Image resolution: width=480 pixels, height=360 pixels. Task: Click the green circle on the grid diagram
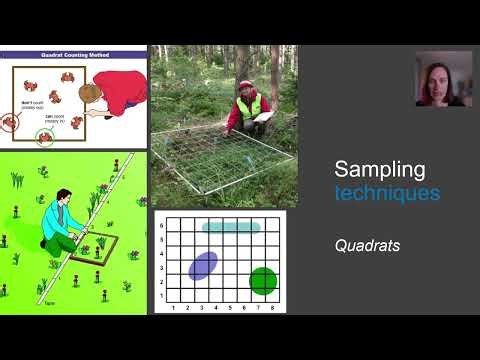pos(262,281)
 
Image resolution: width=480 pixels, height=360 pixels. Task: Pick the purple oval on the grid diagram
pos(203,265)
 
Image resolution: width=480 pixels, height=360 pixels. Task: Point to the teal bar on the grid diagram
pos(231,227)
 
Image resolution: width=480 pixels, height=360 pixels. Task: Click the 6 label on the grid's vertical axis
pos(161,227)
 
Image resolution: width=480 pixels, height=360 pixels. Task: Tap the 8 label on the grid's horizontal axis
pos(276,306)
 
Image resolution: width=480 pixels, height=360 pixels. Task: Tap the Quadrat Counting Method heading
pos(75,55)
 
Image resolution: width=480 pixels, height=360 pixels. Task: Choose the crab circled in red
pos(10,122)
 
